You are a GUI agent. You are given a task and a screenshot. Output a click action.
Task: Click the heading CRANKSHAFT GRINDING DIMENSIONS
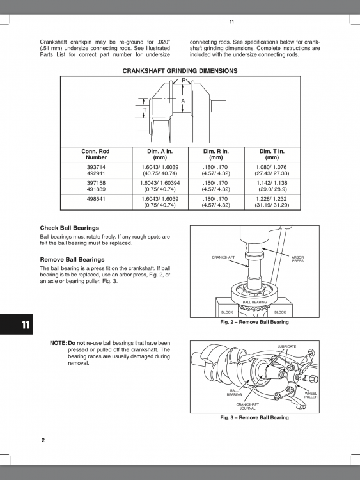pyautogui.click(x=180, y=71)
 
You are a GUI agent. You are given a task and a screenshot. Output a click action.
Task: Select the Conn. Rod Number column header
pyautogui.click(x=95, y=154)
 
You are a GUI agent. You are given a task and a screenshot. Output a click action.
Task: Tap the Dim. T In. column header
pyautogui.click(x=271, y=154)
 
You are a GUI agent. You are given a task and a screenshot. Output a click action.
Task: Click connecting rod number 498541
pyautogui.click(x=95, y=198)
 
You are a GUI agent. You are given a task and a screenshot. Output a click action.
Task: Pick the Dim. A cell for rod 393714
pyautogui.click(x=159, y=170)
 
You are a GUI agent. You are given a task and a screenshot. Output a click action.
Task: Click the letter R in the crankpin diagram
pyautogui.click(x=184, y=81)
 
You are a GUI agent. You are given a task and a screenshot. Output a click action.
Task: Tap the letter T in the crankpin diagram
pyautogui.click(x=145, y=110)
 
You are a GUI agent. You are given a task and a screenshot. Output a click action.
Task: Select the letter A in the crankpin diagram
pyautogui.click(x=183, y=101)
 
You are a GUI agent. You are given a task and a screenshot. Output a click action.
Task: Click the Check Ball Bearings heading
pyautogui.click(x=69, y=228)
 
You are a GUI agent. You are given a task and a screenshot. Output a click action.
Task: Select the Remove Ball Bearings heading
pyautogui.click(x=72, y=259)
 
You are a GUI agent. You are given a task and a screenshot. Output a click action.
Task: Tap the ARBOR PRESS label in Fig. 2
pyautogui.click(x=297, y=259)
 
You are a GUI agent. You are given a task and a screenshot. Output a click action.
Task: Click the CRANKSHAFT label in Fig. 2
pyautogui.click(x=223, y=257)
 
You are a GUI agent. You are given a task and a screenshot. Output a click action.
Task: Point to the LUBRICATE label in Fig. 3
pyautogui.click(x=286, y=346)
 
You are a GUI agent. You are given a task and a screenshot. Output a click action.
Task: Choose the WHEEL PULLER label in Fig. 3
pyautogui.click(x=310, y=395)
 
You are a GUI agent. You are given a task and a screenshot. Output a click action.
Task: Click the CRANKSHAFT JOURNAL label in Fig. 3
pyautogui.click(x=247, y=406)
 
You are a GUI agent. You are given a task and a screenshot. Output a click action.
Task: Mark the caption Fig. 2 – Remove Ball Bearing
pyautogui.click(x=254, y=322)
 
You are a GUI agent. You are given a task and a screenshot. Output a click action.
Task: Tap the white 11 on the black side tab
pyautogui.click(x=25, y=324)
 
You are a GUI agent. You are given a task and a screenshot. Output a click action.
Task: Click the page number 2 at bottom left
pyautogui.click(x=43, y=440)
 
